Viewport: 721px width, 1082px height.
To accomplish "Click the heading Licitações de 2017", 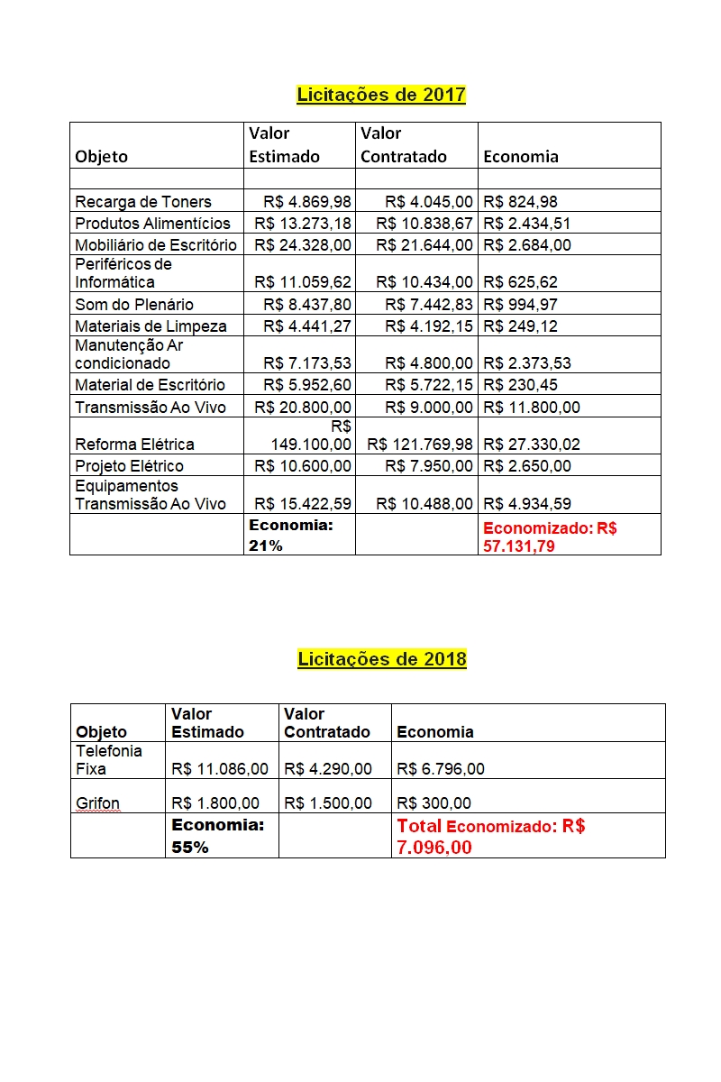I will (x=381, y=95).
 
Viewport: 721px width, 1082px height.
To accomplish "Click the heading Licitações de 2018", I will (x=382, y=659).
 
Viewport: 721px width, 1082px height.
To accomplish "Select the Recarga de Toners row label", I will (x=143, y=202).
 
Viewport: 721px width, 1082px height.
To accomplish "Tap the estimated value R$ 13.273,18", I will (x=303, y=224).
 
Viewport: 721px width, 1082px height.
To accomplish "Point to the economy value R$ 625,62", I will (x=520, y=282).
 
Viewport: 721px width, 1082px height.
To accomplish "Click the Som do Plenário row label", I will (x=134, y=305).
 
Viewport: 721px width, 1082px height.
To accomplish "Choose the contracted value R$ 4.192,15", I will (x=429, y=326).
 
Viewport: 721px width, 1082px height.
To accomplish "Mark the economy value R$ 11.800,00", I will (x=532, y=408).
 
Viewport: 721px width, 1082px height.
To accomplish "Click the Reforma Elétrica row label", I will (x=134, y=445).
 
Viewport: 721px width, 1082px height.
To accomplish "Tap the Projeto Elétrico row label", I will (x=129, y=466).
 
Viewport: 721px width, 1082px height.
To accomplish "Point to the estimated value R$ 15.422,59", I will (x=303, y=504).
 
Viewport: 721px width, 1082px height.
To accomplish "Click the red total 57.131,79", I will (x=519, y=546).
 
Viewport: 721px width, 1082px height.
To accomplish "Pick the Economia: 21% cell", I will (x=290, y=535).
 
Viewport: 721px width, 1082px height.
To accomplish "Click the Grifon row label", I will (x=97, y=803).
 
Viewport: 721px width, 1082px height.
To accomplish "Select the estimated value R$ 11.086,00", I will (x=220, y=769).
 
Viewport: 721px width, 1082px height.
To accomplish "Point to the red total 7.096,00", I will (x=434, y=848).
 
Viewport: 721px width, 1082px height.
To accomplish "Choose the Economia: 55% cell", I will (x=217, y=836).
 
